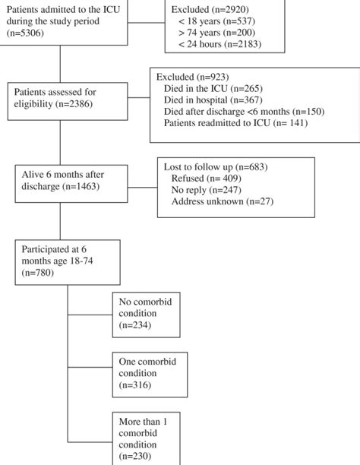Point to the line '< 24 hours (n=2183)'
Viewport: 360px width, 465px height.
[220, 45]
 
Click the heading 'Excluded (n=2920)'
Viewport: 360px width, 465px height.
[208, 8]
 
